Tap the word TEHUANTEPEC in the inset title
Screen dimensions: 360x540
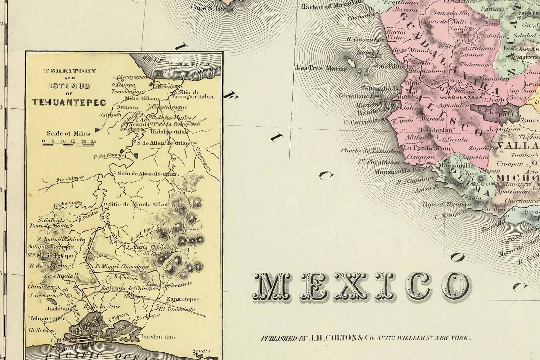[69, 102]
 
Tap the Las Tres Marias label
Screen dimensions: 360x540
[321, 68]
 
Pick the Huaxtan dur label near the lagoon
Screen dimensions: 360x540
[157, 337]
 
